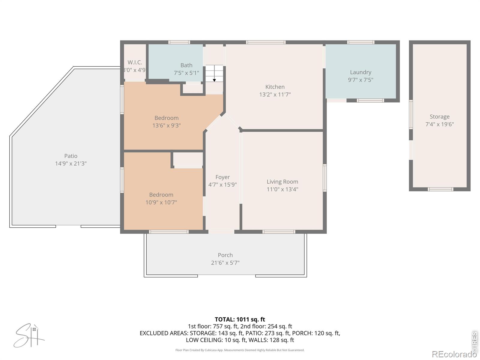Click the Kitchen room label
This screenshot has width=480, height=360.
[275, 87]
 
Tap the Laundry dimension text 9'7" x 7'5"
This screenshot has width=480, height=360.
[360, 80]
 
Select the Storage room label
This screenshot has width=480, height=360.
[439, 116]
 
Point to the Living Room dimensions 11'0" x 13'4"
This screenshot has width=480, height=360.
[282, 189]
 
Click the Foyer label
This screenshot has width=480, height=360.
[222, 177]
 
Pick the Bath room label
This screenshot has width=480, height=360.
[186, 65]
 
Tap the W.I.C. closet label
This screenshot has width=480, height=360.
[135, 62]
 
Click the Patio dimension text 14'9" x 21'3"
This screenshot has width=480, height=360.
[70, 163]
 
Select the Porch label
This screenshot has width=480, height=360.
[225, 255]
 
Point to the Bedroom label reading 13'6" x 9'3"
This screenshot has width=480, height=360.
[166, 125]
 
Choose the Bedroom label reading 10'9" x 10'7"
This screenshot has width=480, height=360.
[161, 202]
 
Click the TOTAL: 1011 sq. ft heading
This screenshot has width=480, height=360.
[240, 319]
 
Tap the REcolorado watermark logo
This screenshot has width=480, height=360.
[454, 354]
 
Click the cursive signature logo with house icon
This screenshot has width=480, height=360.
[29, 336]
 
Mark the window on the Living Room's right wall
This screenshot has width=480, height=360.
[325, 178]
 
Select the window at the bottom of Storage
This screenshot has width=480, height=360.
[440, 189]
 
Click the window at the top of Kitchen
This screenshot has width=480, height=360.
[265, 42]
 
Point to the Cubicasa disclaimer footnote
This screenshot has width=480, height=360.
[240, 350]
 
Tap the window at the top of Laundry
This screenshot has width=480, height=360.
[361, 42]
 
